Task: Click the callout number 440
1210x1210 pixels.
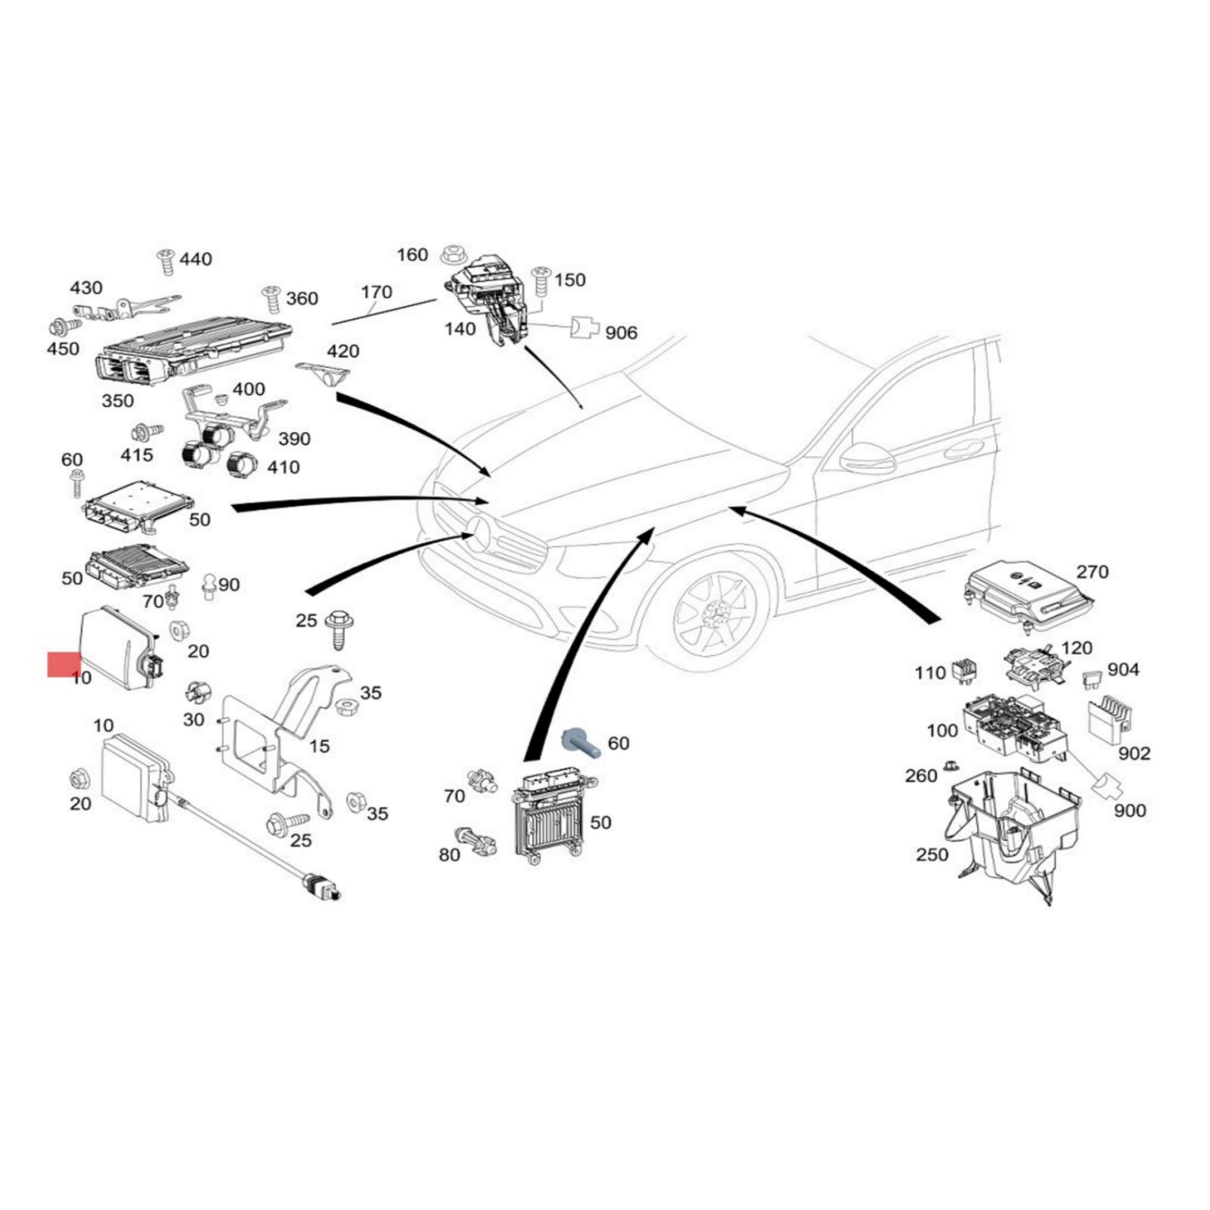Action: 195,259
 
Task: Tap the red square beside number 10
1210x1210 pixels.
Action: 64,665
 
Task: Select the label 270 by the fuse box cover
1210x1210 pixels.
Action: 1092,572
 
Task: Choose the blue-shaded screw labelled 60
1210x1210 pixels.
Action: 581,743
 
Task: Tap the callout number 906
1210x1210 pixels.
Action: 621,333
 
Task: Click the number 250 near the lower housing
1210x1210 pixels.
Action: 932,854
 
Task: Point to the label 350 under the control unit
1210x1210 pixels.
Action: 117,401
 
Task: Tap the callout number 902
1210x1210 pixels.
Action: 1134,753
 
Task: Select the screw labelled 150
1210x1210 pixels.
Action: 541,281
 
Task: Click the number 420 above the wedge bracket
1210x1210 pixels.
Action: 343,352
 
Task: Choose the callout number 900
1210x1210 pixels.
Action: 1130,811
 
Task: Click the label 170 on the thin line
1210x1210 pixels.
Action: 376,292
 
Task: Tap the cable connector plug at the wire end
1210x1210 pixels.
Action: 321,887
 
